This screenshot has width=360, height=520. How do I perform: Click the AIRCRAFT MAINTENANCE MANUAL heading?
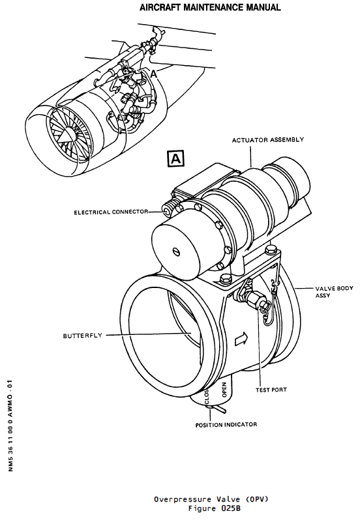(x=210, y=8)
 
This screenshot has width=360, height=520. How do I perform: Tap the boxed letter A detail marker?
(x=177, y=158)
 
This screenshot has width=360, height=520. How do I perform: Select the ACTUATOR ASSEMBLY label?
(x=267, y=140)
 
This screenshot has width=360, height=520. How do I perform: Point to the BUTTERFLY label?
(x=83, y=336)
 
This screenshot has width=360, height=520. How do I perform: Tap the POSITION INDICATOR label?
(x=226, y=424)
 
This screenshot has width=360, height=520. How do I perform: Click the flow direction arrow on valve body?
(x=240, y=339)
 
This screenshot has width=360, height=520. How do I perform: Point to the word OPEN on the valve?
(x=224, y=390)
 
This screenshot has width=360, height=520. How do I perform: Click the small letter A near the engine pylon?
(x=154, y=74)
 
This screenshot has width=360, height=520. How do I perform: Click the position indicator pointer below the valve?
(x=218, y=410)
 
